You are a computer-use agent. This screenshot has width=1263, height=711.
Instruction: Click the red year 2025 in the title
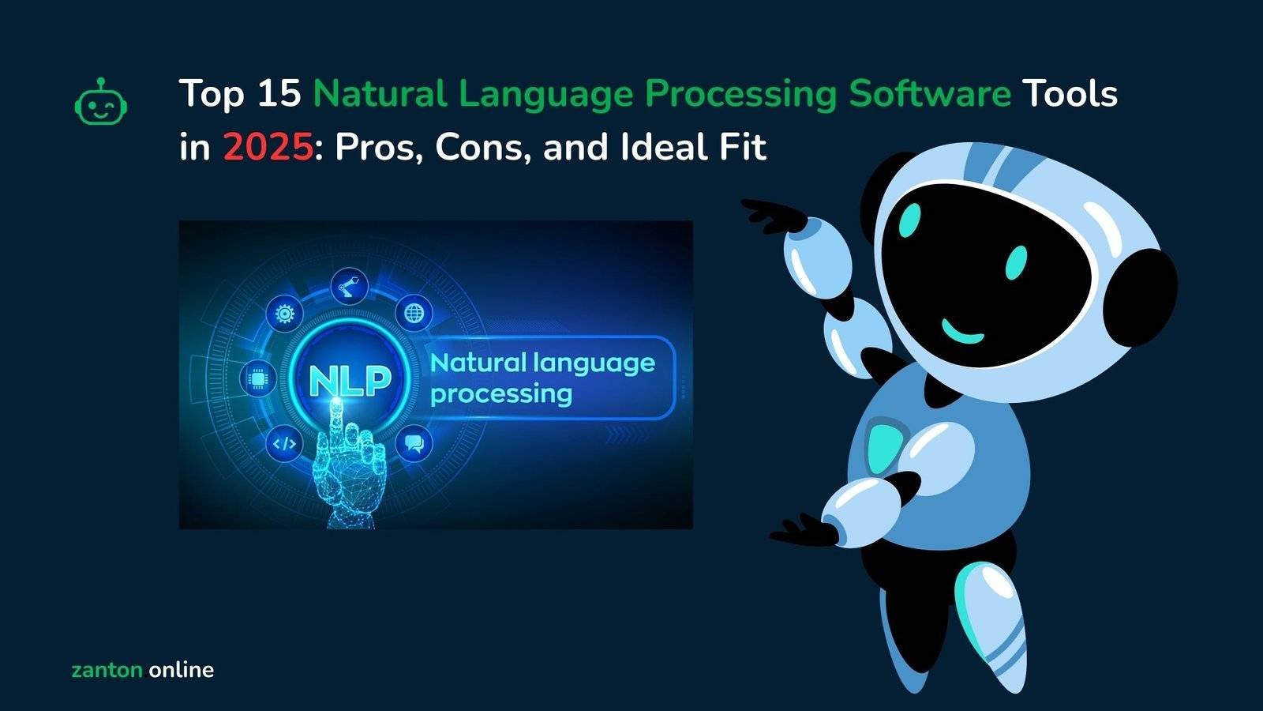[x=268, y=148]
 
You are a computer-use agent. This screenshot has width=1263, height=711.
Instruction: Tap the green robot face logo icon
[x=101, y=102]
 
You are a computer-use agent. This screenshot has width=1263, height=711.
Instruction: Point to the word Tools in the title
[x=1070, y=94]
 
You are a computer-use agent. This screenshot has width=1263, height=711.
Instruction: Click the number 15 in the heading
[x=279, y=94]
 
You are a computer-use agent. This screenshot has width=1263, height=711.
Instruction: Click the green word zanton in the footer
[x=107, y=670]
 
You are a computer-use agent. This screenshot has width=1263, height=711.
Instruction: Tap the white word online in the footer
[x=181, y=670]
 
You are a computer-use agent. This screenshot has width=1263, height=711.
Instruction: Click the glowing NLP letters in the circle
[x=350, y=380]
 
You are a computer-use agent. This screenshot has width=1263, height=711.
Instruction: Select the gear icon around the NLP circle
[x=284, y=314]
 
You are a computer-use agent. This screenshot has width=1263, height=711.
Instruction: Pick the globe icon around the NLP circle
[x=414, y=314]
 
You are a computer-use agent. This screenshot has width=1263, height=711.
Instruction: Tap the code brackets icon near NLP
[x=284, y=443]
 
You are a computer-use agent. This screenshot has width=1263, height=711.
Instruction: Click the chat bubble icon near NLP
[x=414, y=443]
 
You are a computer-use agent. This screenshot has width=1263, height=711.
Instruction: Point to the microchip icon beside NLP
[x=257, y=378]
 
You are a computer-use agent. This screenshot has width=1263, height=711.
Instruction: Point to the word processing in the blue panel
[x=501, y=393]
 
